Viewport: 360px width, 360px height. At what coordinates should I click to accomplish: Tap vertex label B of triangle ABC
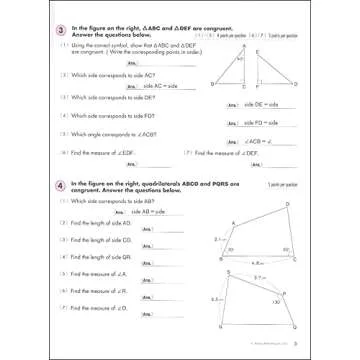coord(212,85)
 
